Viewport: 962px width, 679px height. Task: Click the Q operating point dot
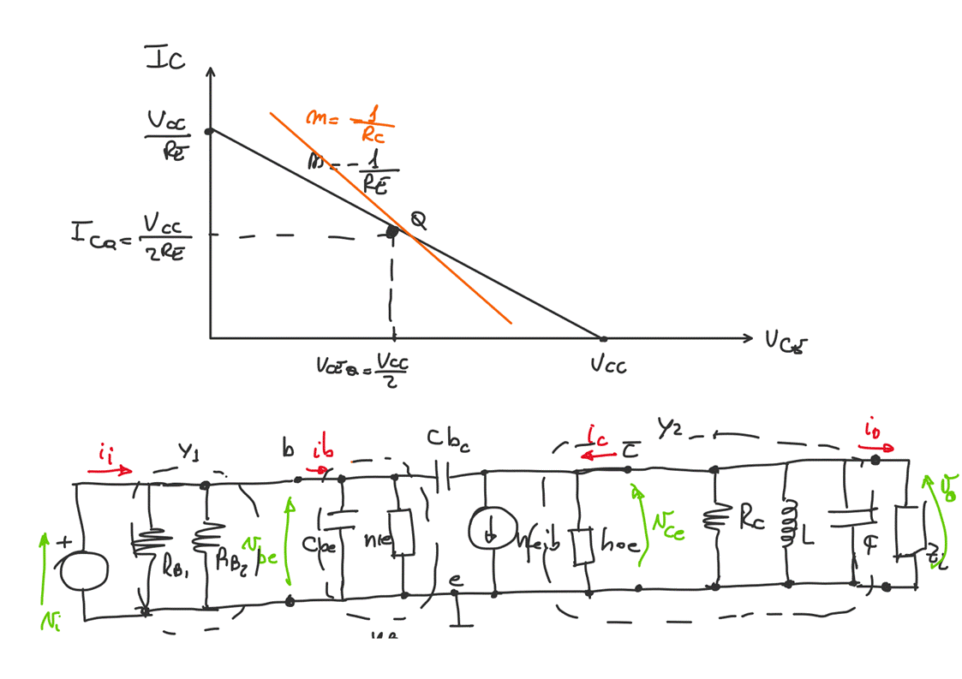(392, 231)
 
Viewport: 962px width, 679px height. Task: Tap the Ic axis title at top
(168, 59)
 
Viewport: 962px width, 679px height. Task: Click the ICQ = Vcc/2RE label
(132, 236)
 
